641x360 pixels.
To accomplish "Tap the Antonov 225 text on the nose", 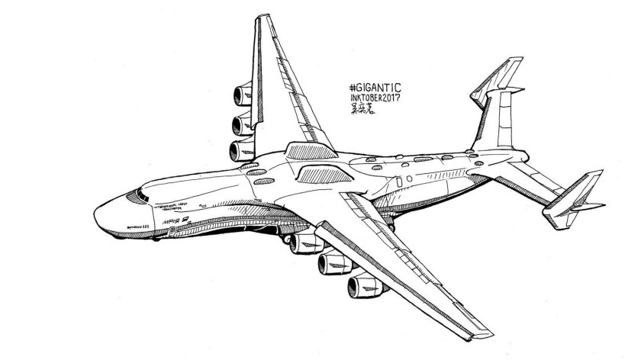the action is pos(126,226).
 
